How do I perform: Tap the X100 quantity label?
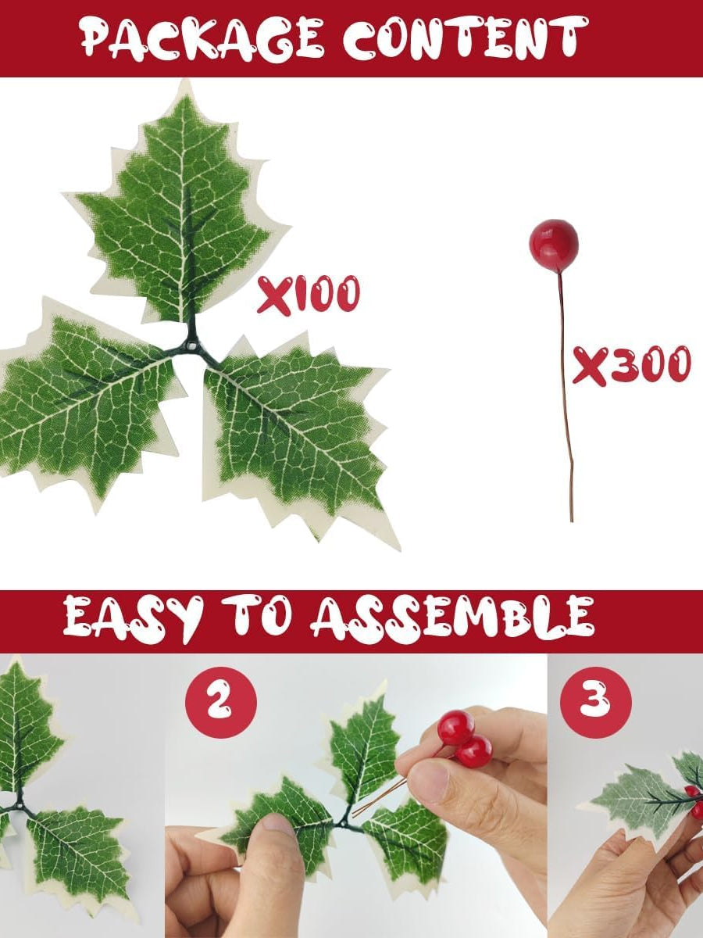click(x=309, y=294)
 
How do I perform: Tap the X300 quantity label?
click(x=631, y=364)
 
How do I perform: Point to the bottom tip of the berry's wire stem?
click(x=572, y=521)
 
